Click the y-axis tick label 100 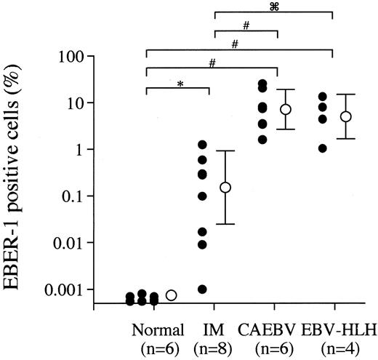pyautogui.click(x=68, y=56)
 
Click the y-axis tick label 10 pyautogui.click(x=72, y=103)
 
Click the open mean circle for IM pyautogui.click(x=225, y=187)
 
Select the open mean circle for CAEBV pyautogui.click(x=286, y=109)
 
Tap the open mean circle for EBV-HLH pyautogui.click(x=346, y=116)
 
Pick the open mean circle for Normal pyautogui.click(x=172, y=295)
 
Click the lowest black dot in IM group pyautogui.click(x=202, y=289)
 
